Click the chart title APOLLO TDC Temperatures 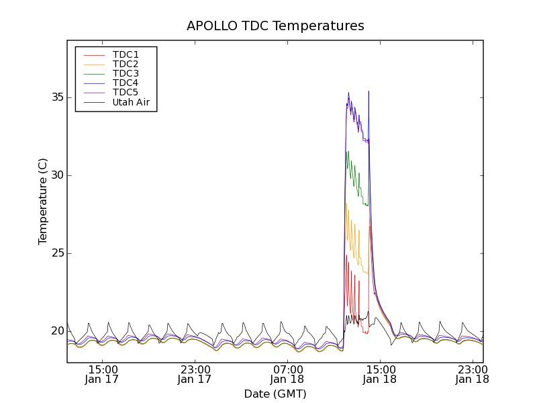pos(275,26)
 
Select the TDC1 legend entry pos(126,54)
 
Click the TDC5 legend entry pos(126,92)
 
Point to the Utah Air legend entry pos(131,102)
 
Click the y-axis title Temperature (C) pos(42,201)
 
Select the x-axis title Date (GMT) pos(275,394)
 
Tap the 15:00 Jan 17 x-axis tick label pos(103,374)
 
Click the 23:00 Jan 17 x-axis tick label pos(195,374)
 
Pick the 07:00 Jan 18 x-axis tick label pos(287,374)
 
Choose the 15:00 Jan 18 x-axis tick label pos(380,374)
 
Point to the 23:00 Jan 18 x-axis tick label pos(472,374)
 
